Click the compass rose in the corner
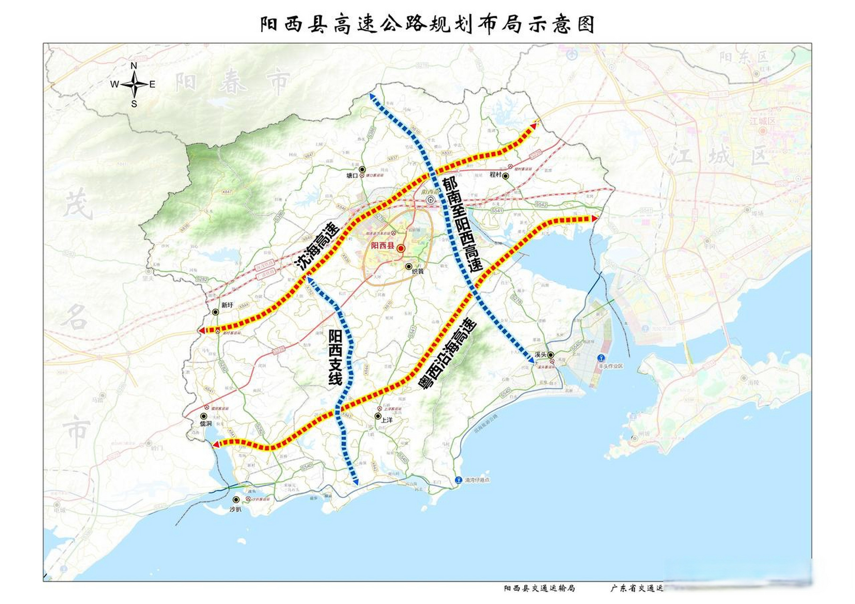(134, 85)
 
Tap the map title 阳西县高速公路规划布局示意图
(427, 24)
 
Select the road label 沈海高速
(318, 246)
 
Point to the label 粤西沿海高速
(448, 354)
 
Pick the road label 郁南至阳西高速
(463, 225)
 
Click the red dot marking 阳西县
(401, 248)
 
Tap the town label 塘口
(352, 176)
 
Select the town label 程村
(495, 175)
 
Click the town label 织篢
(418, 272)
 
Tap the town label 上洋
(386, 419)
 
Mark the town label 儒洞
(206, 424)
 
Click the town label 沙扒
(235, 509)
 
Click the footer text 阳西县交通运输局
(539, 588)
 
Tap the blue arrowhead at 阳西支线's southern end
(356, 482)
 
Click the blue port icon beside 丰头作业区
(601, 358)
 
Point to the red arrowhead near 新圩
(201, 330)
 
